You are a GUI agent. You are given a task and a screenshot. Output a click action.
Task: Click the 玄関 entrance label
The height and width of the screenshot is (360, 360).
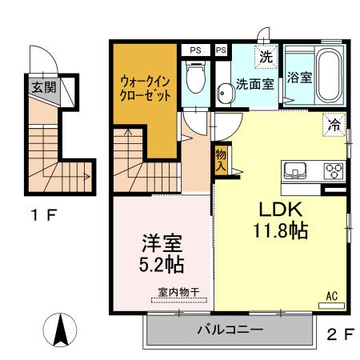coord(44,86)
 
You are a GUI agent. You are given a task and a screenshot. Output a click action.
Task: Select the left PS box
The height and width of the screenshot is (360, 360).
coord(195,50)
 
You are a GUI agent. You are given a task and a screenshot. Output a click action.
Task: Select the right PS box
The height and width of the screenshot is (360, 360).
coord(222,50)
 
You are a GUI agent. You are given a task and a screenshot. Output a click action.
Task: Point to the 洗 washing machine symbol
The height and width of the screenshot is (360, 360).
coord(266,57)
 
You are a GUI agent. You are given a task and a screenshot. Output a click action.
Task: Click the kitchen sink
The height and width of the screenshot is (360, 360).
coord(294,170)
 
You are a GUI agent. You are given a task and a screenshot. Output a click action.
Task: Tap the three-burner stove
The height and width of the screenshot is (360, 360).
coord(332,170)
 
